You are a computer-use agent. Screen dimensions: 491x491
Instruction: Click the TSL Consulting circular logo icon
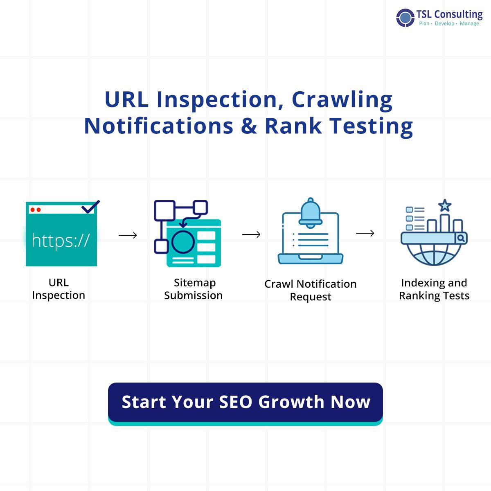(405, 18)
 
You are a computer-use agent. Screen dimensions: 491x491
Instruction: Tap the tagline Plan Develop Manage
(449, 24)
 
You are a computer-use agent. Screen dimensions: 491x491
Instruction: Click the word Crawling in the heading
(342, 100)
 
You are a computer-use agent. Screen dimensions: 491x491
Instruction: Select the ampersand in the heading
(249, 126)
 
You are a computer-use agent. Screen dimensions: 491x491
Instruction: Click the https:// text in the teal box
(61, 240)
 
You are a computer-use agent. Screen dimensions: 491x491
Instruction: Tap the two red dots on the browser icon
(36, 210)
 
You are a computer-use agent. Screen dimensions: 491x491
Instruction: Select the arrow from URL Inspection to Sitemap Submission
(128, 235)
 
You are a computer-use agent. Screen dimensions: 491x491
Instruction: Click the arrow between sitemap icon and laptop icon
(251, 234)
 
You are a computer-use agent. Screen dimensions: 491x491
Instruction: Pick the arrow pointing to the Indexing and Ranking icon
(365, 233)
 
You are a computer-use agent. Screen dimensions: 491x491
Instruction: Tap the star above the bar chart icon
(444, 205)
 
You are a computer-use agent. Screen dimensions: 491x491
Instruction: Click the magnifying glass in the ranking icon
(461, 238)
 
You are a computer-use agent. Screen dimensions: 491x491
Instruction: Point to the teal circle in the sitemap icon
(182, 241)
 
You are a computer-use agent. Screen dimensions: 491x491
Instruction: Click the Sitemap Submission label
(194, 289)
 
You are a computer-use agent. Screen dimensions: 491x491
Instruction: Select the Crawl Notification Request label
(311, 290)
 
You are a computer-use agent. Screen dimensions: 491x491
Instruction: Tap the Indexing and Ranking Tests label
(434, 289)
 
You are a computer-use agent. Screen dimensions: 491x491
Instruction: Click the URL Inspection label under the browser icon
(59, 289)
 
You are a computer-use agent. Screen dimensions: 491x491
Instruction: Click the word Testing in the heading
(371, 126)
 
